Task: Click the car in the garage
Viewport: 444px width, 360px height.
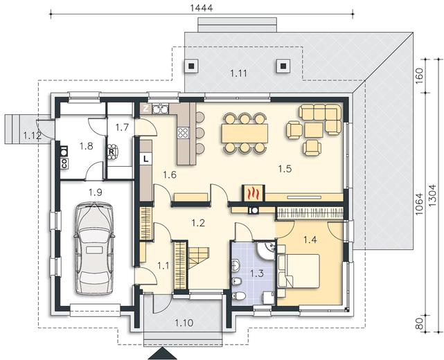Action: (x=94, y=249)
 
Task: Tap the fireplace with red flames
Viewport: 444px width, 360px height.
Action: (x=254, y=193)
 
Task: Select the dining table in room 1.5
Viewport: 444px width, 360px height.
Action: (x=245, y=134)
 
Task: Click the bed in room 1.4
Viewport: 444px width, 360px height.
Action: (x=299, y=271)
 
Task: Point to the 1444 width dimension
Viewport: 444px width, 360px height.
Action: (x=202, y=8)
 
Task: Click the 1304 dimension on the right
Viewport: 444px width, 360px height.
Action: (x=434, y=199)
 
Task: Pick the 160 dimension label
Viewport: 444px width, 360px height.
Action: (x=420, y=75)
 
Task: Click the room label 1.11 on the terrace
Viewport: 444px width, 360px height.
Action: (x=238, y=74)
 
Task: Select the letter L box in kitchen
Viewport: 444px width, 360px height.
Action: (x=146, y=159)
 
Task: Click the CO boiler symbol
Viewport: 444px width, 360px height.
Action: (x=64, y=163)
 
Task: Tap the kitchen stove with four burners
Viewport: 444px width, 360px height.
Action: (x=183, y=132)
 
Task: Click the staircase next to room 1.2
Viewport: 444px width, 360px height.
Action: (x=199, y=258)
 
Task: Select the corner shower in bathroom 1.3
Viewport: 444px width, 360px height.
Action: (x=265, y=250)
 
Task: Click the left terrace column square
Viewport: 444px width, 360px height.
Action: (x=191, y=66)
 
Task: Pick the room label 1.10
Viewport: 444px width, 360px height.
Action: (x=184, y=323)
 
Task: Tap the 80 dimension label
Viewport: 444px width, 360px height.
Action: (x=420, y=323)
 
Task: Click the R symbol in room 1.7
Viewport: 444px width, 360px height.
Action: (x=112, y=152)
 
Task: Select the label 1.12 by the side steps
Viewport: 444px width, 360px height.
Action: (x=33, y=136)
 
